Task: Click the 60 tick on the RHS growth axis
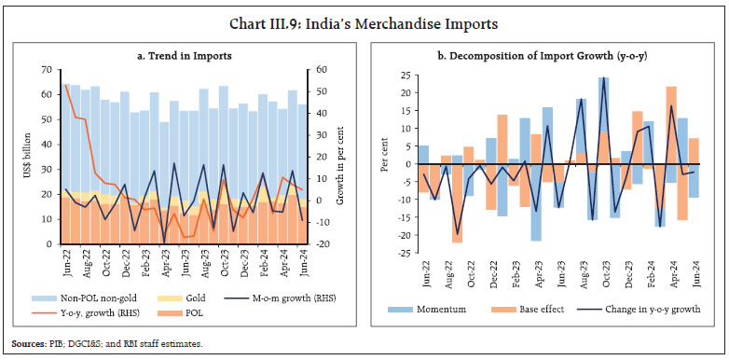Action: (322, 70)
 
